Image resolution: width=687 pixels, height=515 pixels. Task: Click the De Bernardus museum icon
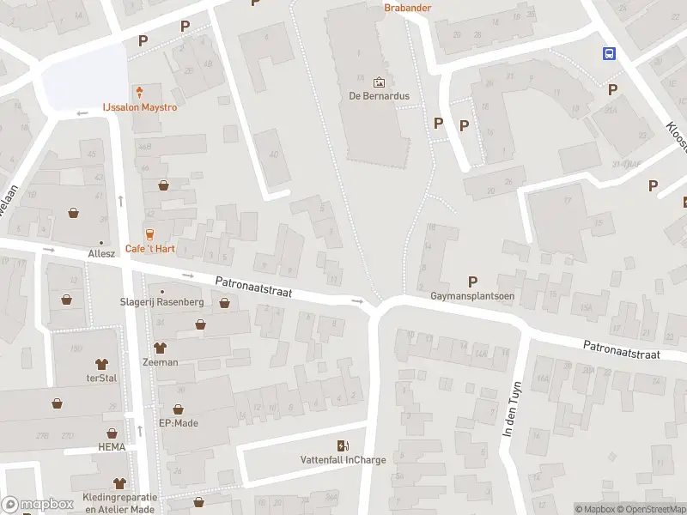point(380,82)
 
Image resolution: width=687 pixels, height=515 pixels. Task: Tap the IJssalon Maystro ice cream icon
point(139,92)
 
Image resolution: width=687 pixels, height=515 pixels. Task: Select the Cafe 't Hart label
point(151,248)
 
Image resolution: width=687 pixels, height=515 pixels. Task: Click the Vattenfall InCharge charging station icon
point(343,445)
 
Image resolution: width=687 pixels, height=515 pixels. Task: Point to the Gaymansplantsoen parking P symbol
point(472,282)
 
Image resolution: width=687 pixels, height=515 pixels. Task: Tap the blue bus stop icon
point(609,53)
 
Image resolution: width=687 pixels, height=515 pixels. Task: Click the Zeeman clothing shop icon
point(160,348)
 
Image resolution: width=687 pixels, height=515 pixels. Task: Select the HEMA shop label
point(112,448)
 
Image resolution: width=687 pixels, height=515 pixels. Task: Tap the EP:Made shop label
point(179,423)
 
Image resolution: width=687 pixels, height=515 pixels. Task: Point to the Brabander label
point(407,8)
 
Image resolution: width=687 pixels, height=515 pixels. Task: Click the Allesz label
point(101,255)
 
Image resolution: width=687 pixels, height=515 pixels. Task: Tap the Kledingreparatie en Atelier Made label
point(120,503)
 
